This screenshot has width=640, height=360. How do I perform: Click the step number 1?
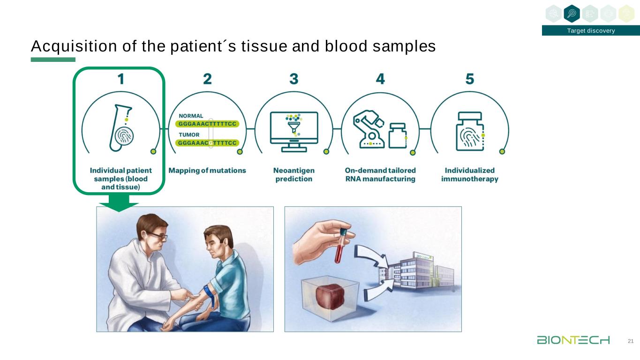tap(121, 79)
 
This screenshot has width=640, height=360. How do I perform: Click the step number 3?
tap(294, 79)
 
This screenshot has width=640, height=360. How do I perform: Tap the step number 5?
tap(469, 79)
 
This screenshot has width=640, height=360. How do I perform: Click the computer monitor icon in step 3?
tap(294, 131)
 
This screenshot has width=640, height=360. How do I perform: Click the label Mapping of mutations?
tap(207, 171)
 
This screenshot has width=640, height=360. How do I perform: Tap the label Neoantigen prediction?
tap(294, 174)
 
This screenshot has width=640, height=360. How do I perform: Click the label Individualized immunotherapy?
tap(469, 174)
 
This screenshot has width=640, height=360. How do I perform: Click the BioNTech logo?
tap(573, 340)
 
